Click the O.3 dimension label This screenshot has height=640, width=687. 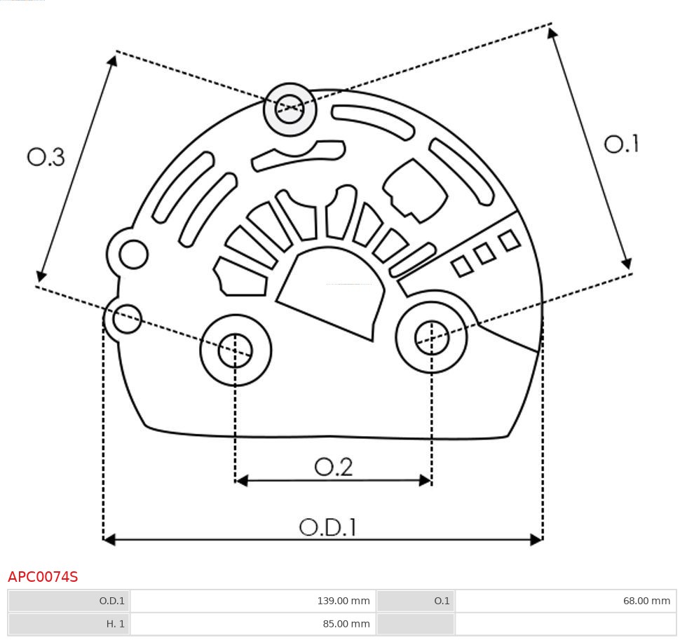pyautogui.click(x=46, y=157)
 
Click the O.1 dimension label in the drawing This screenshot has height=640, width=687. pyautogui.click(x=621, y=144)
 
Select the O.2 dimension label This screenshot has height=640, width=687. pyautogui.click(x=333, y=467)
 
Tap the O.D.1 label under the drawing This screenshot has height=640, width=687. pyautogui.click(x=328, y=527)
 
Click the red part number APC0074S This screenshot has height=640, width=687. pyautogui.click(x=43, y=577)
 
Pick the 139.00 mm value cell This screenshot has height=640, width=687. pyautogui.click(x=253, y=601)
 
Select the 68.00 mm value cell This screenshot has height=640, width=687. pyautogui.click(x=566, y=601)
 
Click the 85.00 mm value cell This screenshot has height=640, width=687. pyautogui.click(x=253, y=623)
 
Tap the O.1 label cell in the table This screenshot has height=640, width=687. pyautogui.click(x=415, y=601)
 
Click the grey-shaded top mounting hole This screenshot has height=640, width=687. pyautogui.click(x=290, y=109)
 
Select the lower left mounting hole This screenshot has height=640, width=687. pyautogui.click(x=236, y=350)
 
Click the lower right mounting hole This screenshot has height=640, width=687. pyautogui.click(x=431, y=338)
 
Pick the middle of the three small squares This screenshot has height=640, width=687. pyautogui.click(x=484, y=253)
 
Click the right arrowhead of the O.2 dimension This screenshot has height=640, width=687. pyautogui.click(x=425, y=480)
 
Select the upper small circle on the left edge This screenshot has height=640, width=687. pyautogui.click(x=133, y=254)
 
